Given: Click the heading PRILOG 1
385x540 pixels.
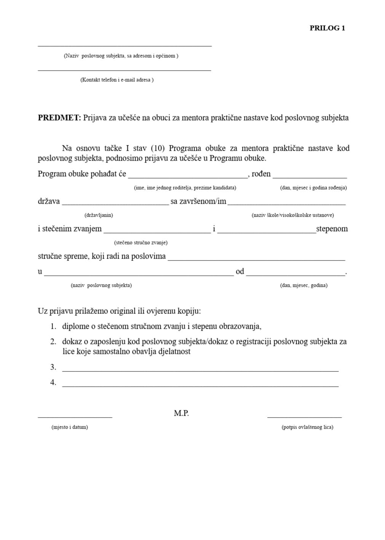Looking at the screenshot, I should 327,28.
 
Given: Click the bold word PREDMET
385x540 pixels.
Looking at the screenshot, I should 59,118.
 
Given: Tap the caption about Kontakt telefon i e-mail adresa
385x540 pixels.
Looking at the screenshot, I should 117,80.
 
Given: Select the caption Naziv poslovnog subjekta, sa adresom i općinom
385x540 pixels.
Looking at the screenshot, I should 121,56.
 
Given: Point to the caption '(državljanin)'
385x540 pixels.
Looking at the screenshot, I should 99,215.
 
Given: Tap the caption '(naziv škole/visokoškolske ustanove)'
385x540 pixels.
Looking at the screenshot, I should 292,215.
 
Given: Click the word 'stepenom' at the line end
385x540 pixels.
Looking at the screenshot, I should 332,229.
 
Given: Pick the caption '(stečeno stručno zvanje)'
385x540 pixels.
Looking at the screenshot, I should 141,243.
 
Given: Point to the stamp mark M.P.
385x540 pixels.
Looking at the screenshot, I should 181,413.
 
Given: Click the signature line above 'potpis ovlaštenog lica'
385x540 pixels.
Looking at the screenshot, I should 304,416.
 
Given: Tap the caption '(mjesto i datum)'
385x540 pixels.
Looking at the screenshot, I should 70,427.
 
